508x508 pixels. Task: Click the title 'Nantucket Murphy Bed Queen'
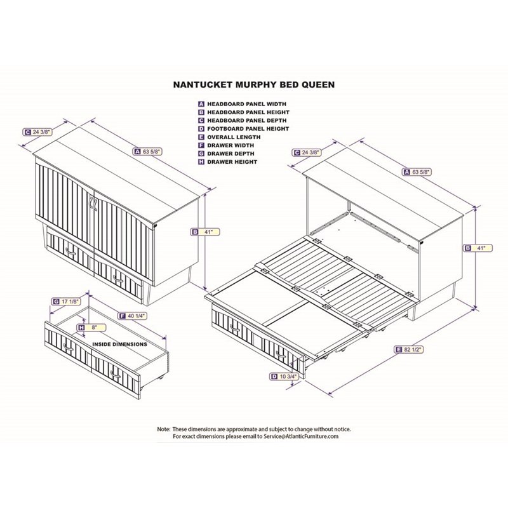click(254, 84)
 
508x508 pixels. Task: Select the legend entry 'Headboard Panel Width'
click(243, 104)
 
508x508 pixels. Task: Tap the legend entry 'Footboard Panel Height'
click(244, 129)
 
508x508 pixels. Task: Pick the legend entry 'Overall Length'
click(229, 137)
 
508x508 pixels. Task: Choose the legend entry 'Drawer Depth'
click(226, 154)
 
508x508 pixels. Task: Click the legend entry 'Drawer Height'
click(228, 162)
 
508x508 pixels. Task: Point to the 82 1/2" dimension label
click(409, 350)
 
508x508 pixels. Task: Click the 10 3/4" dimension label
click(284, 376)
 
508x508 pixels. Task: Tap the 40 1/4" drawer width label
click(133, 316)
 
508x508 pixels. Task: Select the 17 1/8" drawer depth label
click(66, 302)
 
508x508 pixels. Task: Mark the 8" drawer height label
click(91, 328)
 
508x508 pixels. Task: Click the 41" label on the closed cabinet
click(205, 232)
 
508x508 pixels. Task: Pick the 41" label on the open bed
click(479, 248)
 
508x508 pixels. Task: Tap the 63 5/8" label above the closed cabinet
click(148, 151)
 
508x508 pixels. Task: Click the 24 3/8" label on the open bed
click(307, 152)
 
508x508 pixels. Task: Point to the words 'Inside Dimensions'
click(120, 344)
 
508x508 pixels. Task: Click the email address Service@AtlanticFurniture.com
click(301, 436)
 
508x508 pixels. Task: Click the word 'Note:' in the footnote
click(164, 429)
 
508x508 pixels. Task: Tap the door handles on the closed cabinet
click(93, 204)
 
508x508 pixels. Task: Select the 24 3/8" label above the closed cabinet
click(38, 132)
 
